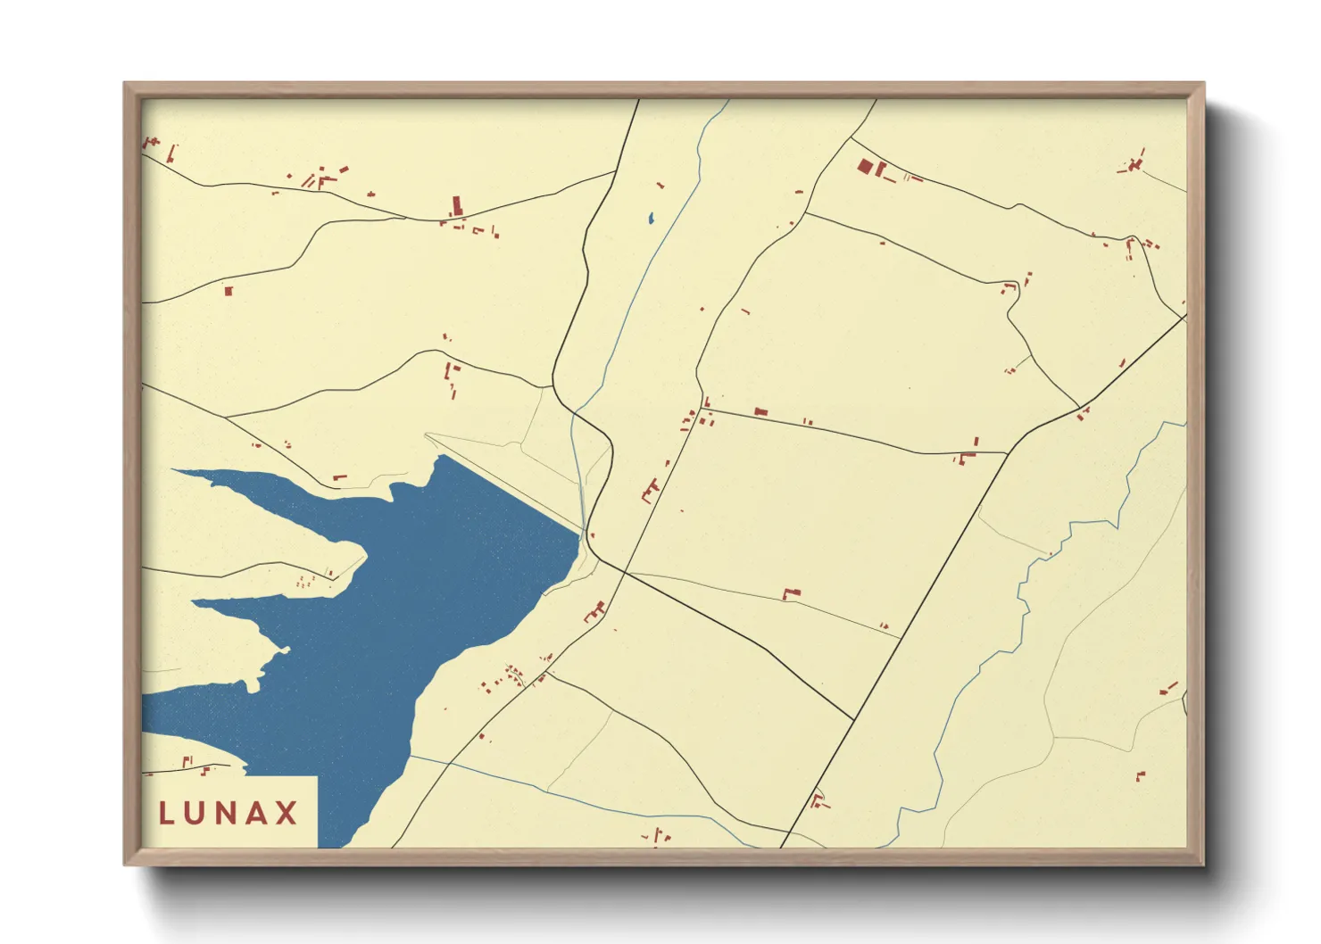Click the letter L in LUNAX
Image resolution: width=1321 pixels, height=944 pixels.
166,813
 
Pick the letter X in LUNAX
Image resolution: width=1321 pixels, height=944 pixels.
287,813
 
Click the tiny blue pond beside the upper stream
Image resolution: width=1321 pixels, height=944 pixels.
651,217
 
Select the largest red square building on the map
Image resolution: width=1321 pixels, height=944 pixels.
864,166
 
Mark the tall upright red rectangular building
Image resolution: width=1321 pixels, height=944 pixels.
457,206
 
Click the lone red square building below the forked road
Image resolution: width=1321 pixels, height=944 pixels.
228,290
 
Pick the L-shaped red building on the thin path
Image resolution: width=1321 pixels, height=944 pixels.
790,593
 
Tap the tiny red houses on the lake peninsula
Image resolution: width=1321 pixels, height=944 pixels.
303,583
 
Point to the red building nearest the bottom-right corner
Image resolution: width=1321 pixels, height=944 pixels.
1140,776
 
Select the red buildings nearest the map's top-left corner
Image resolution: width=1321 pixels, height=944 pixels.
152,143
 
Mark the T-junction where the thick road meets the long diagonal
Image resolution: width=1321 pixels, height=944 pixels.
854,719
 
